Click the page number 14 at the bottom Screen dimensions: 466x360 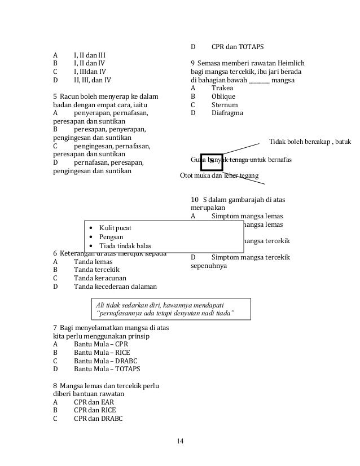tap(180, 441)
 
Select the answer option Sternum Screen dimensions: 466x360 tap(224, 105)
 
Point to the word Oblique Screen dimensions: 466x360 tap(224, 96)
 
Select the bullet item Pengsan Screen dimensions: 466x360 tap(111, 237)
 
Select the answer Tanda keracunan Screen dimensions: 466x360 tap(99, 278)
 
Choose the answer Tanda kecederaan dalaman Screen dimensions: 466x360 tap(115, 286)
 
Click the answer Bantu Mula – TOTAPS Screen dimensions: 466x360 tap(107, 368)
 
